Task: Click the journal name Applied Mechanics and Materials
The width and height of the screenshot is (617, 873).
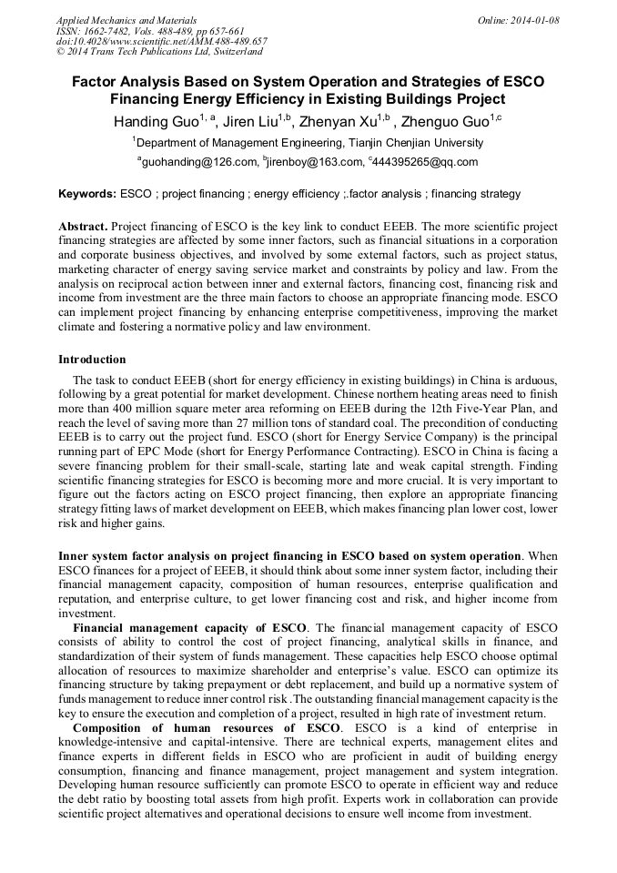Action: (114, 20)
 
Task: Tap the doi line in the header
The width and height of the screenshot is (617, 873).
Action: (161, 41)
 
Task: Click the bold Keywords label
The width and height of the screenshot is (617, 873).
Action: (86, 194)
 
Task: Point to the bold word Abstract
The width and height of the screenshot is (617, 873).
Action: (83, 226)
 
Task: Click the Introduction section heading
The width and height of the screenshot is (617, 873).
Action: (92, 360)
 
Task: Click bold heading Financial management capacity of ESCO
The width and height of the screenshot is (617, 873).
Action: (190, 628)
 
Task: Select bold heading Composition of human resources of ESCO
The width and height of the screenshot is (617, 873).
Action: (207, 728)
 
